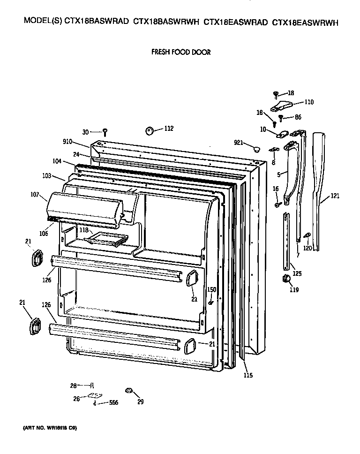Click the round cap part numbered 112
(150, 130)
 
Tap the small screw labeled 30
(106, 133)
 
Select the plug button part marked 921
(256, 149)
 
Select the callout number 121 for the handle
(334, 196)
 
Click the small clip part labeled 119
(285, 280)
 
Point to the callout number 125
(297, 273)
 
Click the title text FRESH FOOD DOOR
(180, 52)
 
